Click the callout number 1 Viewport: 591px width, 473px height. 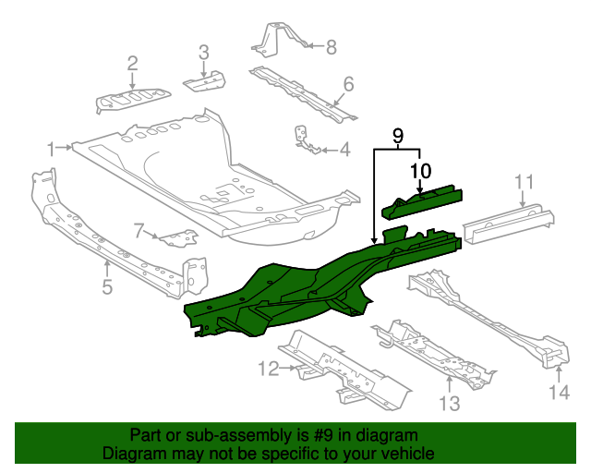[x=53, y=147]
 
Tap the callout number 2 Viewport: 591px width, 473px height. [x=132, y=63]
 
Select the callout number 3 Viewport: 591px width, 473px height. [x=204, y=51]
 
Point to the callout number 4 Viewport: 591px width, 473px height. [x=344, y=149]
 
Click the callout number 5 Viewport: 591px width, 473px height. [x=107, y=287]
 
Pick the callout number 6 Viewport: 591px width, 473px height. [x=348, y=85]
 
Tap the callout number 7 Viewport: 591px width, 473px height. [x=139, y=230]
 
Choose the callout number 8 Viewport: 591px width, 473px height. [x=332, y=45]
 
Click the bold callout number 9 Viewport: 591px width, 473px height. [x=398, y=137]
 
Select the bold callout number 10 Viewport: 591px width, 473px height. [x=420, y=170]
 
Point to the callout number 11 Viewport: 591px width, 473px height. [x=525, y=181]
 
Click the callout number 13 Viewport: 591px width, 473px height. [x=448, y=403]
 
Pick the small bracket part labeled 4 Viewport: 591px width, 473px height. [x=306, y=139]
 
